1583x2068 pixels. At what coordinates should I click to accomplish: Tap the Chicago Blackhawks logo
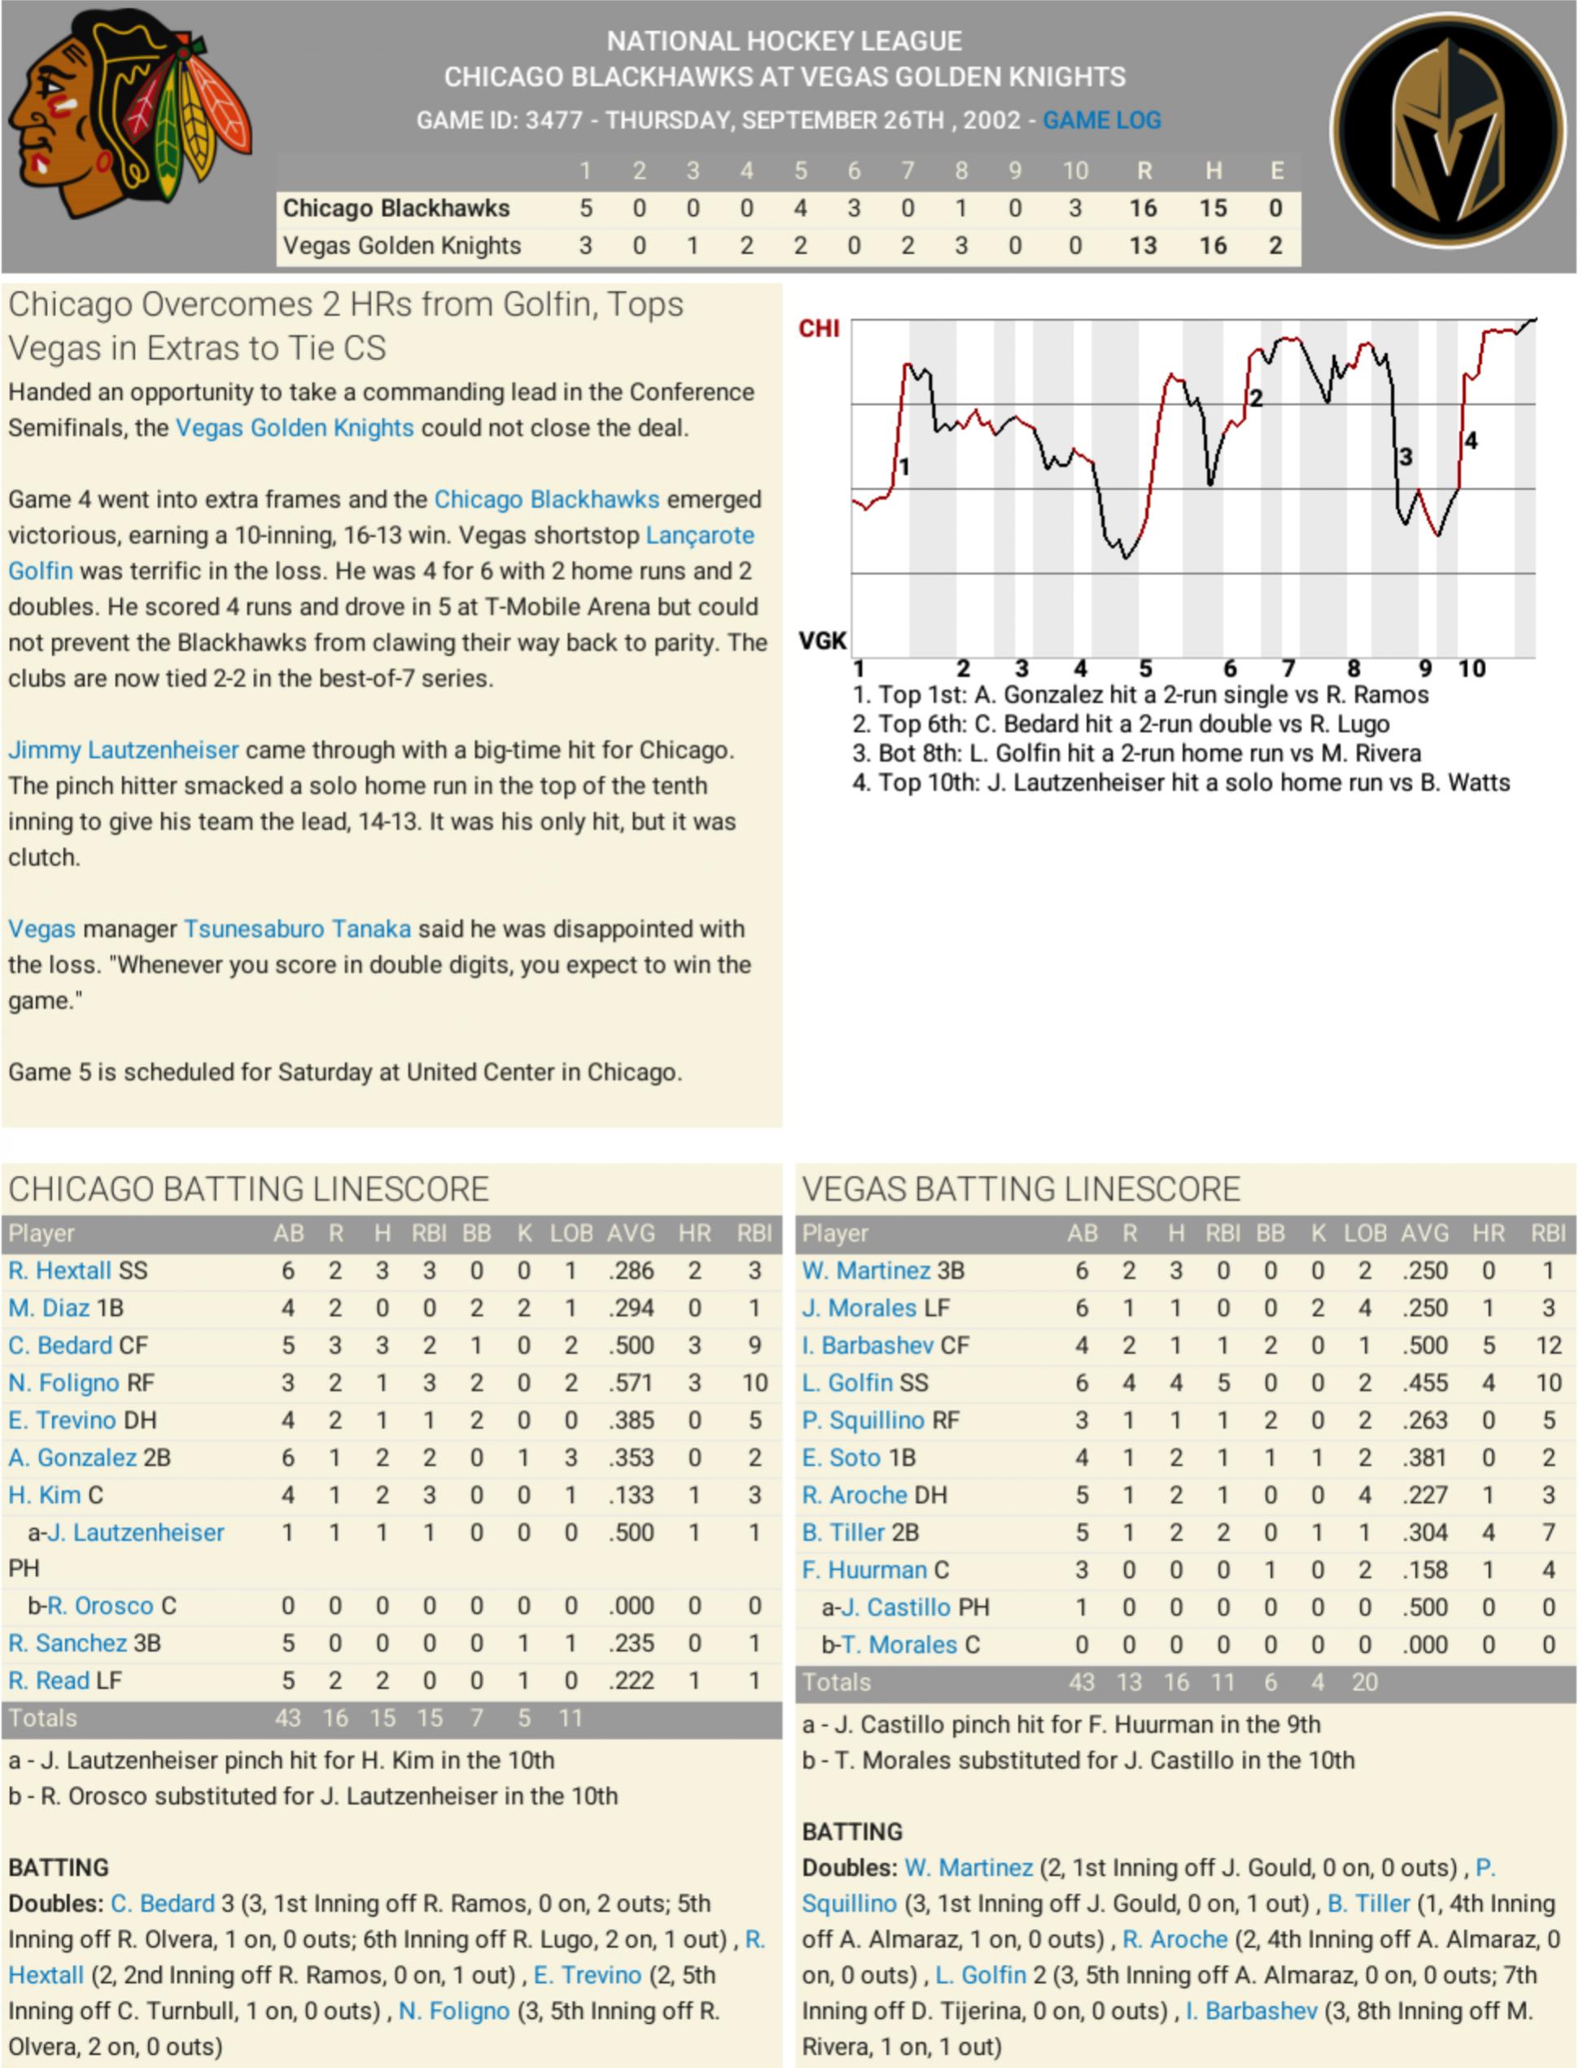click(x=130, y=113)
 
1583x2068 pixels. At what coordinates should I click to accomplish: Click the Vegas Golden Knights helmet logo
click(x=1447, y=130)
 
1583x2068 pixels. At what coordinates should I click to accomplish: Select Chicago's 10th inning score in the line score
click(x=1074, y=208)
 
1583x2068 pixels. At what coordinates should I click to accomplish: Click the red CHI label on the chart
click(x=819, y=329)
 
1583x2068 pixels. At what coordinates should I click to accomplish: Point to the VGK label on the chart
click(x=822, y=641)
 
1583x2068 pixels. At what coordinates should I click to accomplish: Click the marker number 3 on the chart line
click(x=1406, y=458)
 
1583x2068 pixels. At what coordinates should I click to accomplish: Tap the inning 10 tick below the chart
click(x=1471, y=669)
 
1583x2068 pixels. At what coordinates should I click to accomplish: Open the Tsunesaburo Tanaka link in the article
click(x=297, y=929)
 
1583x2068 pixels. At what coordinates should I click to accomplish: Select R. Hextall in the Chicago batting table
click(x=59, y=1271)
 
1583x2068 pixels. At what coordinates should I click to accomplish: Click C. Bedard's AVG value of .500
click(x=631, y=1345)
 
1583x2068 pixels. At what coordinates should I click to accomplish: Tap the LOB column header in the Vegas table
click(x=1364, y=1233)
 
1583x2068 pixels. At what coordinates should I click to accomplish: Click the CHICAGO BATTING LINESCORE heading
click(x=249, y=1189)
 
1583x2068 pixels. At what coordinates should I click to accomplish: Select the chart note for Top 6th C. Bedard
click(x=1121, y=724)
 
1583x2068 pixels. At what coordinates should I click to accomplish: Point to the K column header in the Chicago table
click(x=524, y=1233)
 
